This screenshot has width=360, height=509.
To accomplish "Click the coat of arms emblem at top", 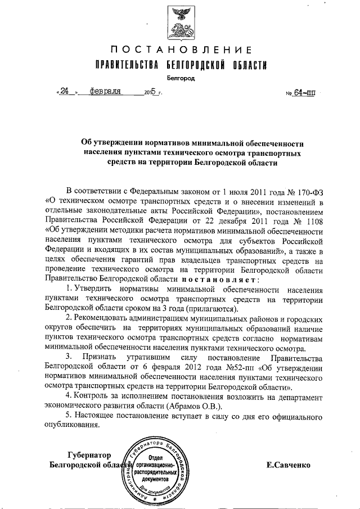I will [x=180, y=21].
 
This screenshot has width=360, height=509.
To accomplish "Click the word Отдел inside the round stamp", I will [x=155, y=458].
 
